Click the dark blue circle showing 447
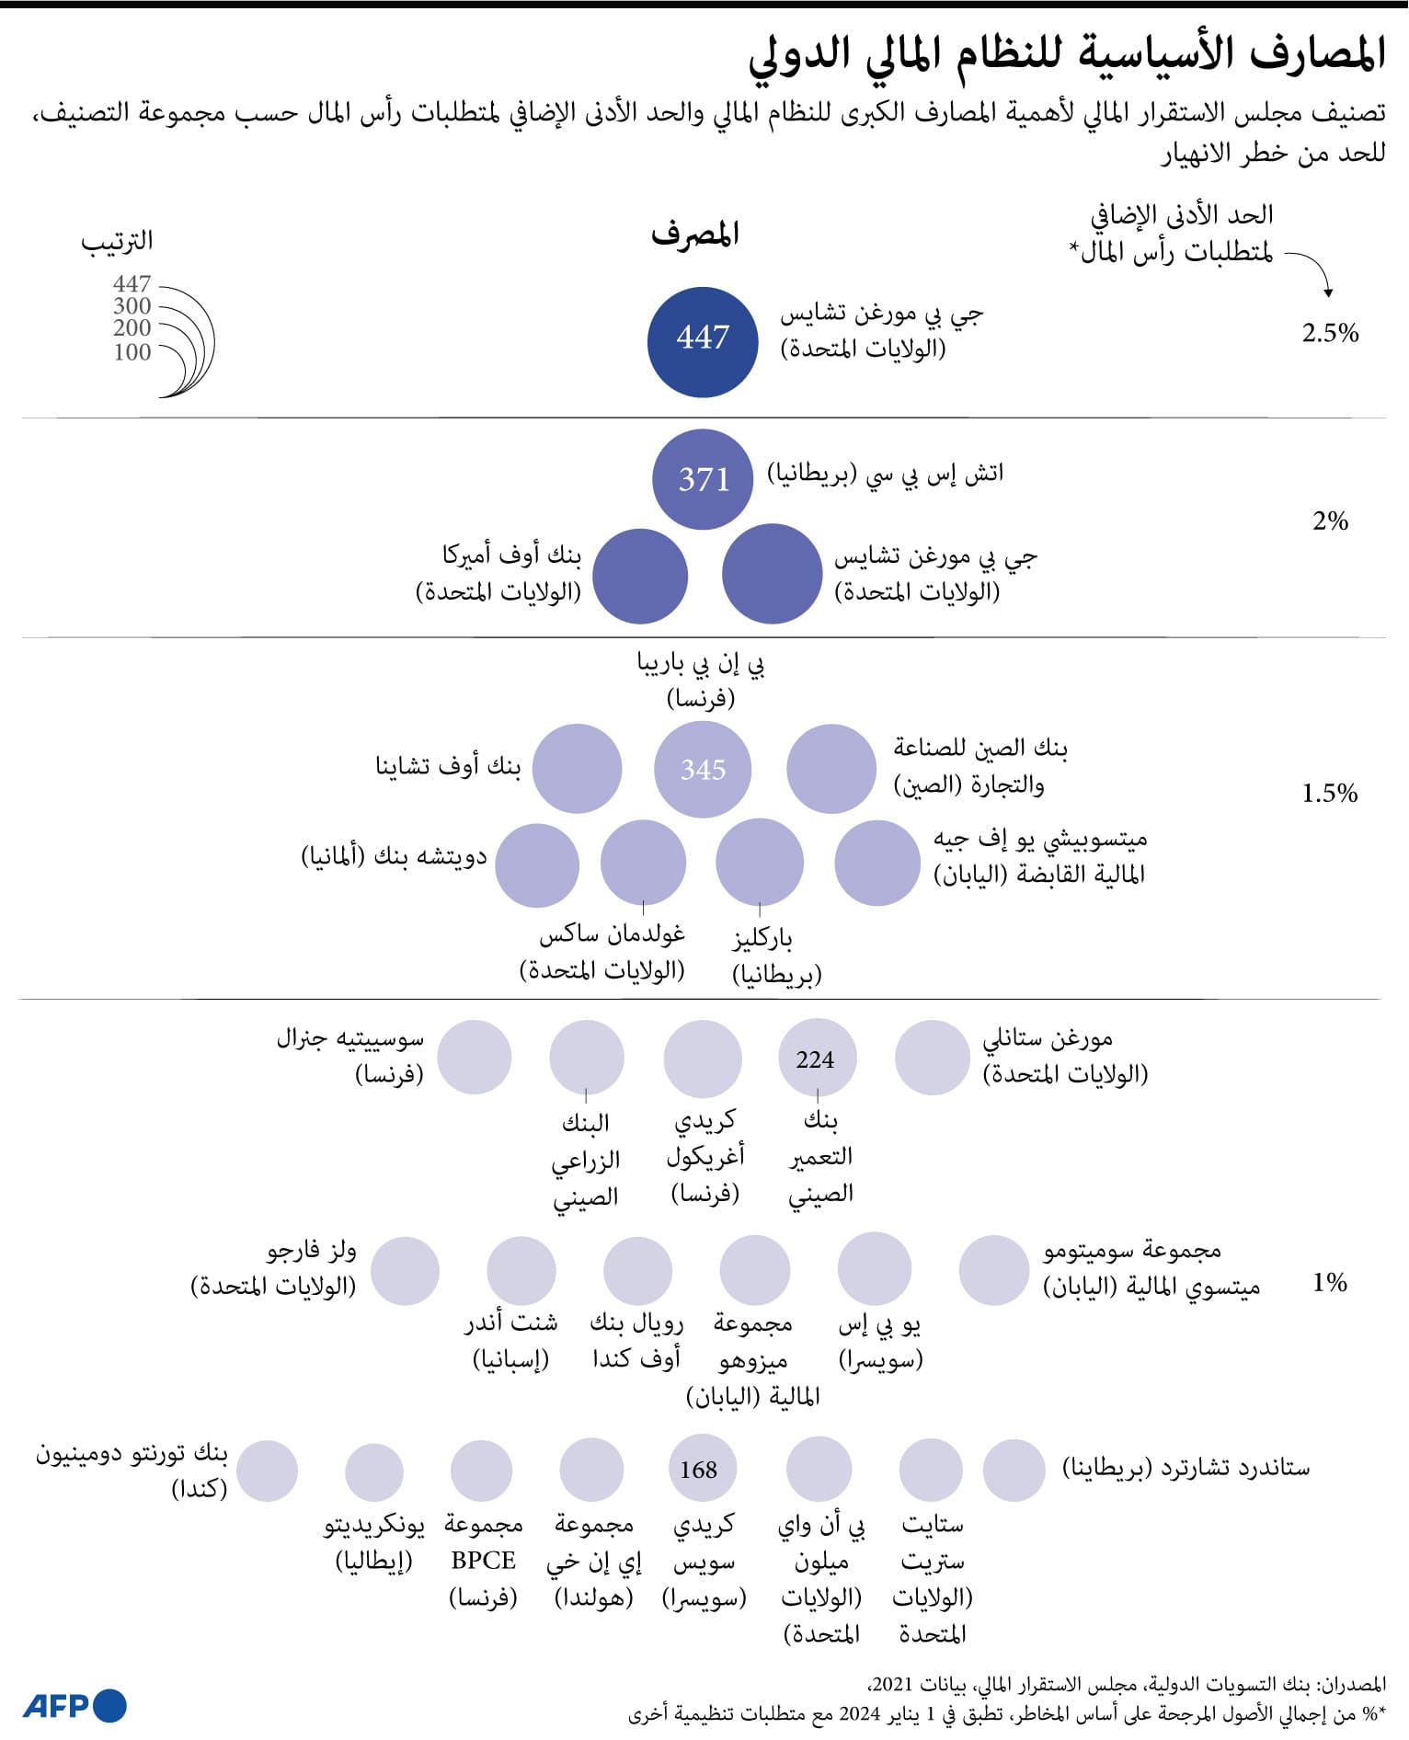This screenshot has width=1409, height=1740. [x=703, y=341]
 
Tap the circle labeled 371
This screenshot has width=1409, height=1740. [x=703, y=479]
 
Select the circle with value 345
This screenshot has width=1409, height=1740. [x=703, y=769]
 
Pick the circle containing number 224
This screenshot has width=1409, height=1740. [x=817, y=1059]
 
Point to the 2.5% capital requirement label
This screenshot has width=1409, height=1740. [x=1330, y=333]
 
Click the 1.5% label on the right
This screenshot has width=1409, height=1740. [x=1329, y=793]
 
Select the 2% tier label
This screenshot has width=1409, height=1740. [x=1330, y=521]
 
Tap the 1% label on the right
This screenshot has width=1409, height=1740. [x=1329, y=1282]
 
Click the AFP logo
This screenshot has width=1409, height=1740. [x=74, y=1705]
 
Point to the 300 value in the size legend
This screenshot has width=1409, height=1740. [x=132, y=306]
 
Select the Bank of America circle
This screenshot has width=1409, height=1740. [x=640, y=576]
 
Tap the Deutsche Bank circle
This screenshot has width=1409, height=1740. [x=537, y=864]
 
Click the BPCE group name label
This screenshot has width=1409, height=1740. [x=484, y=1560]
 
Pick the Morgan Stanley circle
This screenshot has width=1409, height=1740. [x=932, y=1058]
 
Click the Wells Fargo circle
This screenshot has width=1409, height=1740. [x=405, y=1271]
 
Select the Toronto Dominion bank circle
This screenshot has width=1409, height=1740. [x=267, y=1471]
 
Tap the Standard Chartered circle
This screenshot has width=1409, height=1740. [x=1014, y=1470]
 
